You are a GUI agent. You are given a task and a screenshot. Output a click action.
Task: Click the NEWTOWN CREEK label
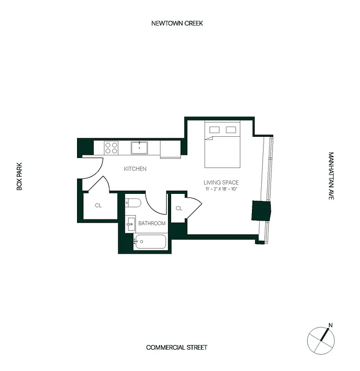coord(177,23)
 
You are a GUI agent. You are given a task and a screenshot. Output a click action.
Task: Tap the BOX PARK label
coord(19,176)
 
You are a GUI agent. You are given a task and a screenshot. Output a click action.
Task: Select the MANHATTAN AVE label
coord(331,176)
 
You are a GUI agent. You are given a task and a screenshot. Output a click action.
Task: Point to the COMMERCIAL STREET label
coord(176,347)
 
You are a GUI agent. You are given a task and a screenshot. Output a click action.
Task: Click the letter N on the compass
coord(330,325)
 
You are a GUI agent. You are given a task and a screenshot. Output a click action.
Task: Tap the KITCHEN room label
coord(135,169)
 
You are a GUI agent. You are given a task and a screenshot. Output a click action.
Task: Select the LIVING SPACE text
coord(221,183)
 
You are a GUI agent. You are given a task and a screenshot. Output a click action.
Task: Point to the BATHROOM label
coord(152,224)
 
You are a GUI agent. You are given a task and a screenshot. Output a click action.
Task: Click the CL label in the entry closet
coord(98,205)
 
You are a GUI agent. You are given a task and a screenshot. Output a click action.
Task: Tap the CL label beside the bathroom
coord(179,209)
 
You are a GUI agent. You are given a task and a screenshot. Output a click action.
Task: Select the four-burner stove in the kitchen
coord(111,148)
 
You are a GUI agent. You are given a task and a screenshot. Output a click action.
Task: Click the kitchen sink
coord(139,148)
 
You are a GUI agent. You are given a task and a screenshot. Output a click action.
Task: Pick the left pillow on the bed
coord(214,129)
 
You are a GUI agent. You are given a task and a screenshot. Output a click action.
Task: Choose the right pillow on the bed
coord(231,129)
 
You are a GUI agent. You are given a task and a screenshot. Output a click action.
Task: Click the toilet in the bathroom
coord(132,203)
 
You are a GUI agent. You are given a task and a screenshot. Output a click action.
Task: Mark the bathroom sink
coord(130,223)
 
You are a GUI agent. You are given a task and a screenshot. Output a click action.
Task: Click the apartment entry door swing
coord(93,170)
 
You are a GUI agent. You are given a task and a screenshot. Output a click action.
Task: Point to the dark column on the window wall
coord(261,211)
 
